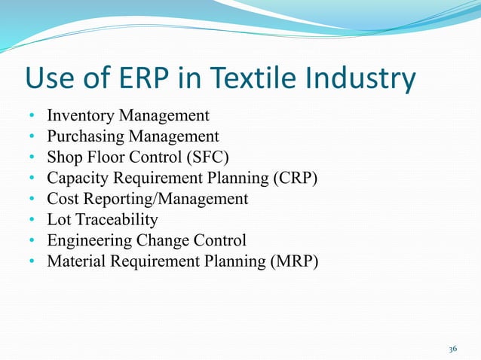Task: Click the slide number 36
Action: click(452, 349)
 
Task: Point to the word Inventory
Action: click(78, 116)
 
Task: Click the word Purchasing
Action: click(84, 137)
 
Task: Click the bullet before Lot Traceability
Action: click(32, 221)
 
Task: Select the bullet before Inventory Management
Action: click(32, 117)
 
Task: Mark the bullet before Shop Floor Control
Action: click(32, 158)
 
